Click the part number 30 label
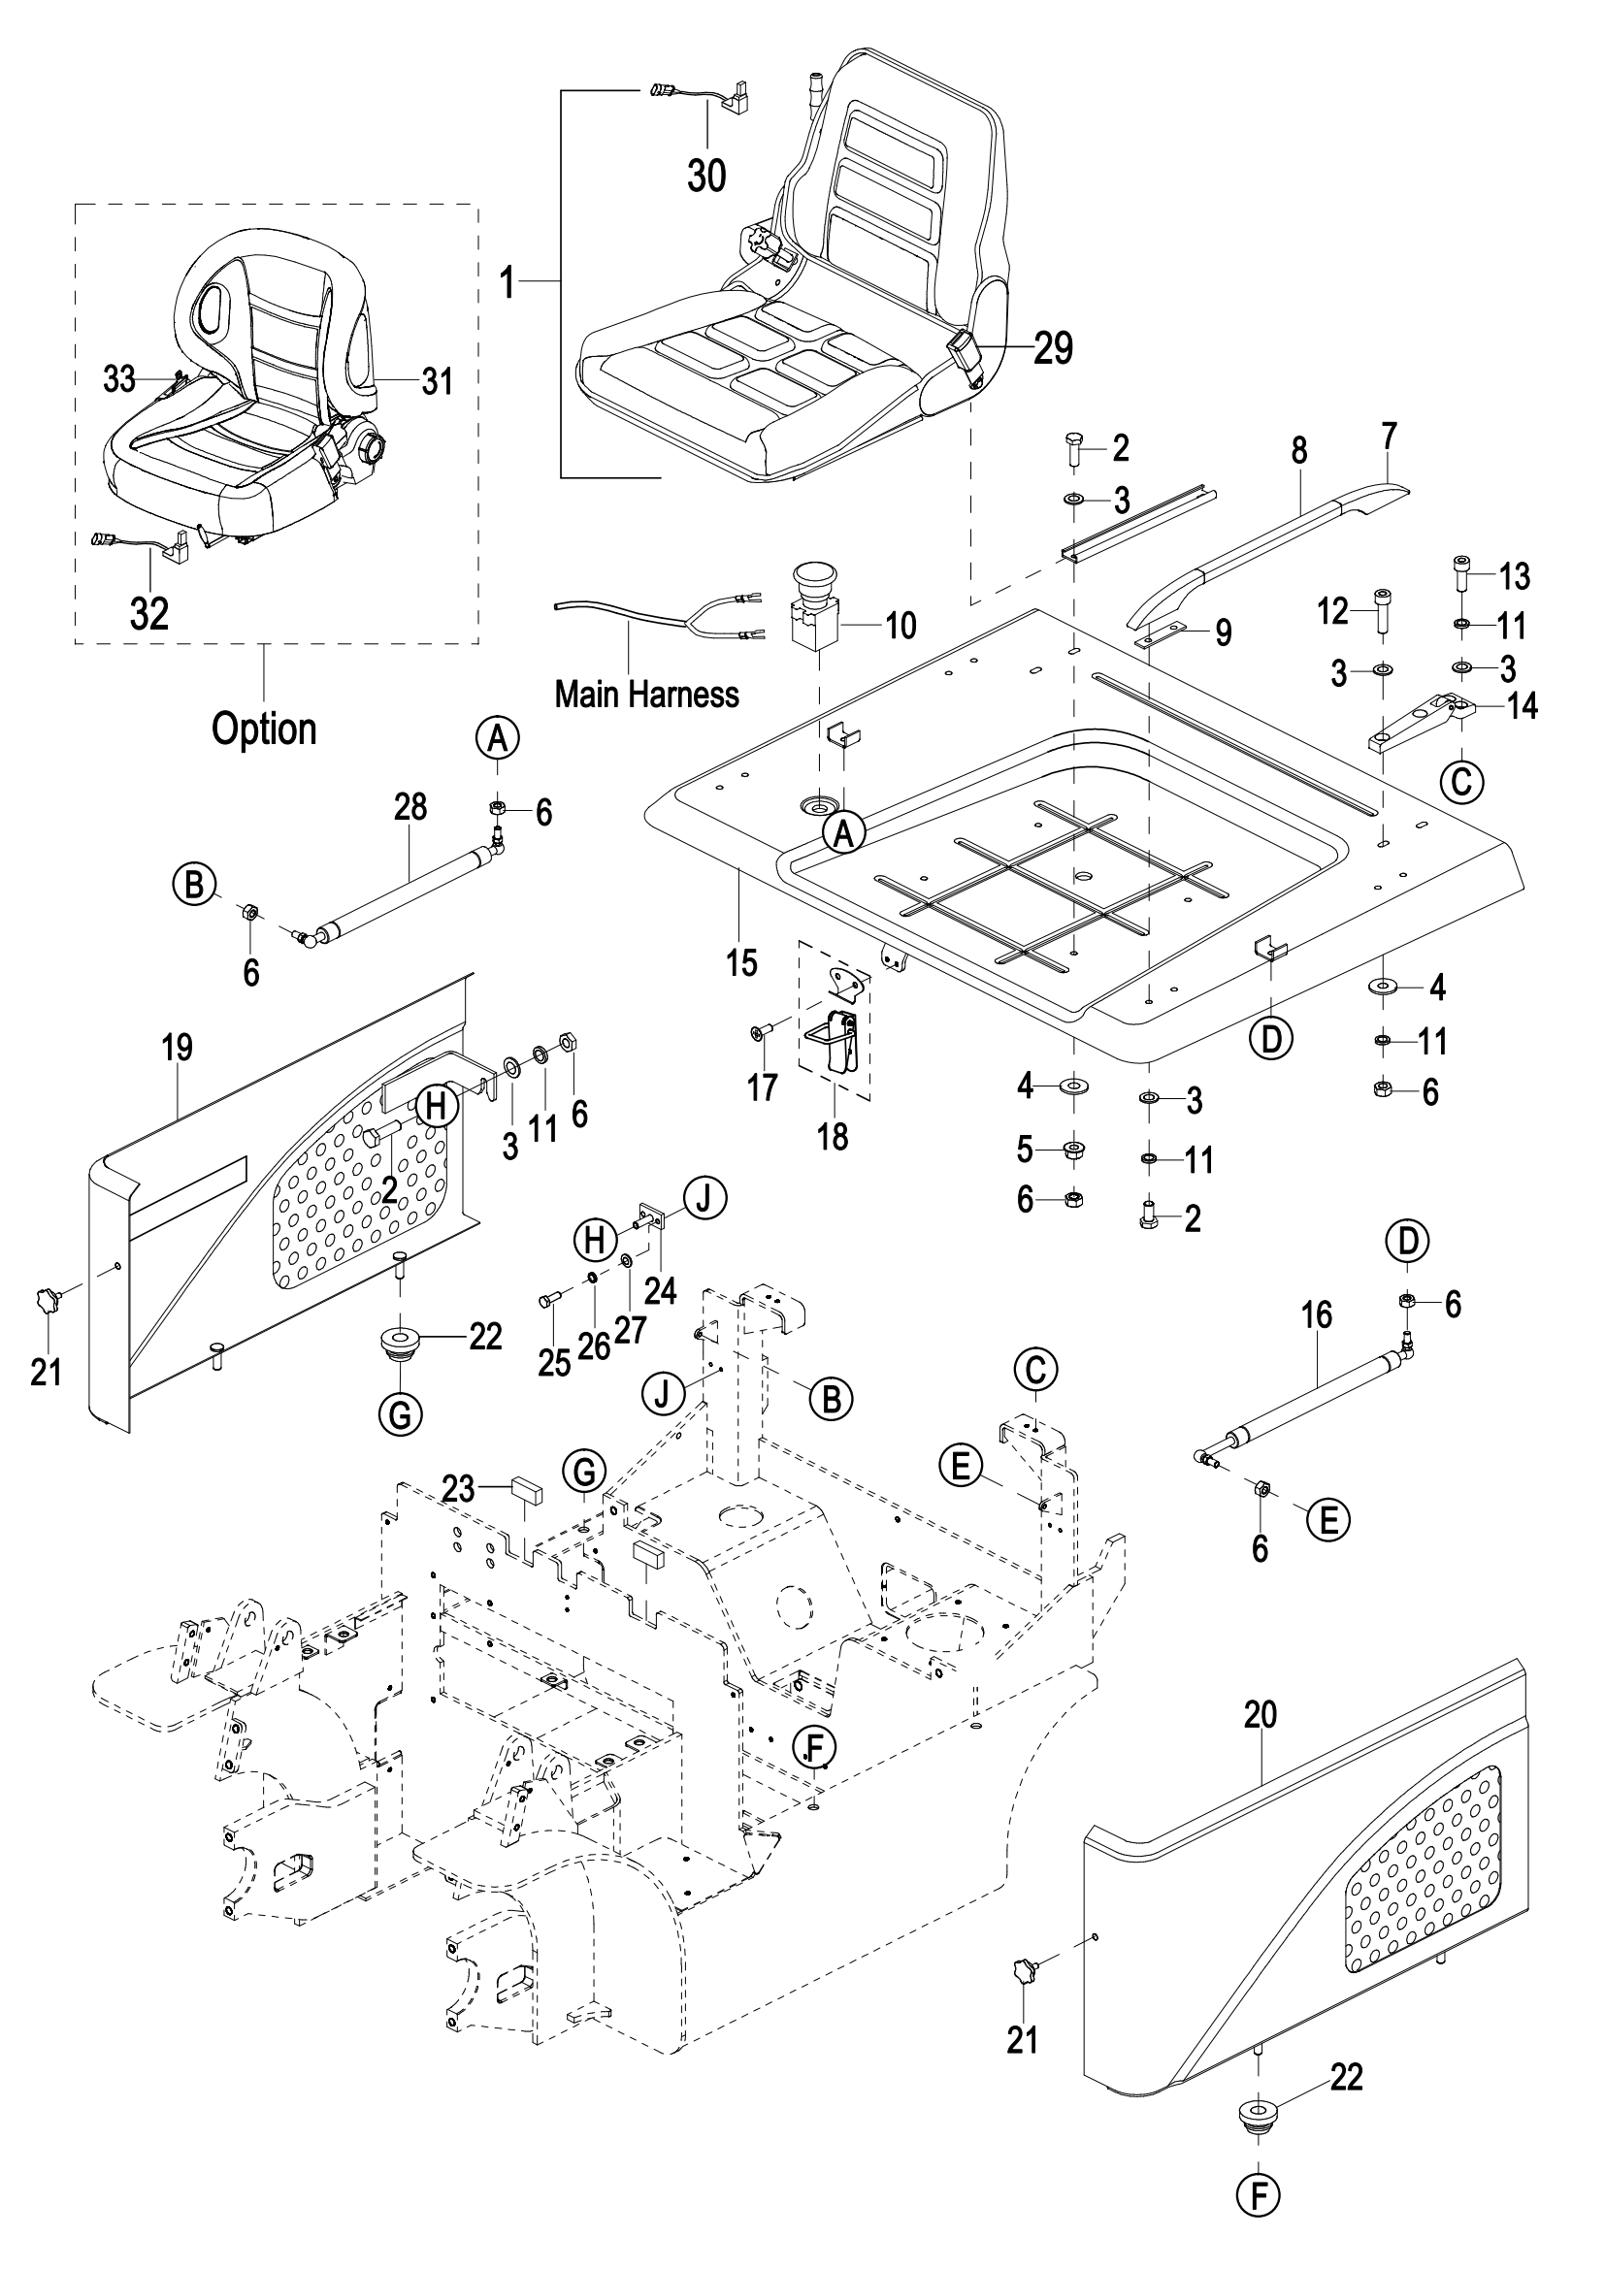pyautogui.click(x=706, y=175)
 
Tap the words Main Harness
pyautogui.click(x=646, y=694)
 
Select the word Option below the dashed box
pyautogui.click(x=264, y=729)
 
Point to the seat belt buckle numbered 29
pyautogui.click(x=965, y=354)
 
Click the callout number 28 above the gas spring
pyautogui.click(x=410, y=806)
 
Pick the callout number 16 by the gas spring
pyautogui.click(x=1318, y=1314)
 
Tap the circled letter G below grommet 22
pyautogui.click(x=400, y=1415)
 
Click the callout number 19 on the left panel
pyautogui.click(x=178, y=1048)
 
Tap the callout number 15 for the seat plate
pyautogui.click(x=741, y=961)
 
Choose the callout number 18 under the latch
pyautogui.click(x=833, y=1137)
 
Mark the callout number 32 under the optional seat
pyautogui.click(x=149, y=614)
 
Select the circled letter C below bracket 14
pyautogui.click(x=1460, y=782)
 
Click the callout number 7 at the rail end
pyautogui.click(x=1390, y=434)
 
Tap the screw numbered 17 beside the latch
pyautogui.click(x=758, y=1034)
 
